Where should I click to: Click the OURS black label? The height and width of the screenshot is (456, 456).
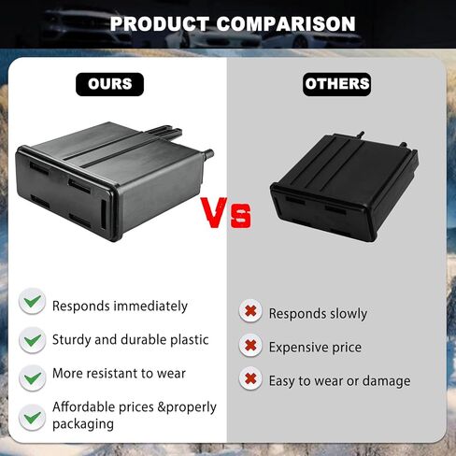[109, 84]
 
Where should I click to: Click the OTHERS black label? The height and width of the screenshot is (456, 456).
[336, 84]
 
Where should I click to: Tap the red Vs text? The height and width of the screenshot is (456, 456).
[226, 212]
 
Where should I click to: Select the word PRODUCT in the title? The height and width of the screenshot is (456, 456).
[160, 24]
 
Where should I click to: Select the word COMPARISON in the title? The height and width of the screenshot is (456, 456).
[286, 24]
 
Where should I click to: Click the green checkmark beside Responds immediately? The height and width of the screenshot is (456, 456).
[32, 301]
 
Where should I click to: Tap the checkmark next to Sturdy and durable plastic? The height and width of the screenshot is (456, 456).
[32, 340]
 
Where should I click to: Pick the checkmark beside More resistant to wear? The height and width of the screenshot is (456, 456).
[32, 378]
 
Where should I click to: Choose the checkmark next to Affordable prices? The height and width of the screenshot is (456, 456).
[32, 418]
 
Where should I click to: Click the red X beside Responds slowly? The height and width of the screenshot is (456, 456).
[250, 311]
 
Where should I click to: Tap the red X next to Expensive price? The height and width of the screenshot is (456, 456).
[250, 345]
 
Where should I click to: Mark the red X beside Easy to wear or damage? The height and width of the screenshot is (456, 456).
[250, 378]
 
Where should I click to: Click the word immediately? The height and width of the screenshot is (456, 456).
[150, 306]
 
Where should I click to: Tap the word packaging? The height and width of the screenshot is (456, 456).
[83, 424]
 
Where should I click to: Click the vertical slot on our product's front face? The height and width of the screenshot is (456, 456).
[103, 215]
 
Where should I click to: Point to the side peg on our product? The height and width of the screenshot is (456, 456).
[207, 153]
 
